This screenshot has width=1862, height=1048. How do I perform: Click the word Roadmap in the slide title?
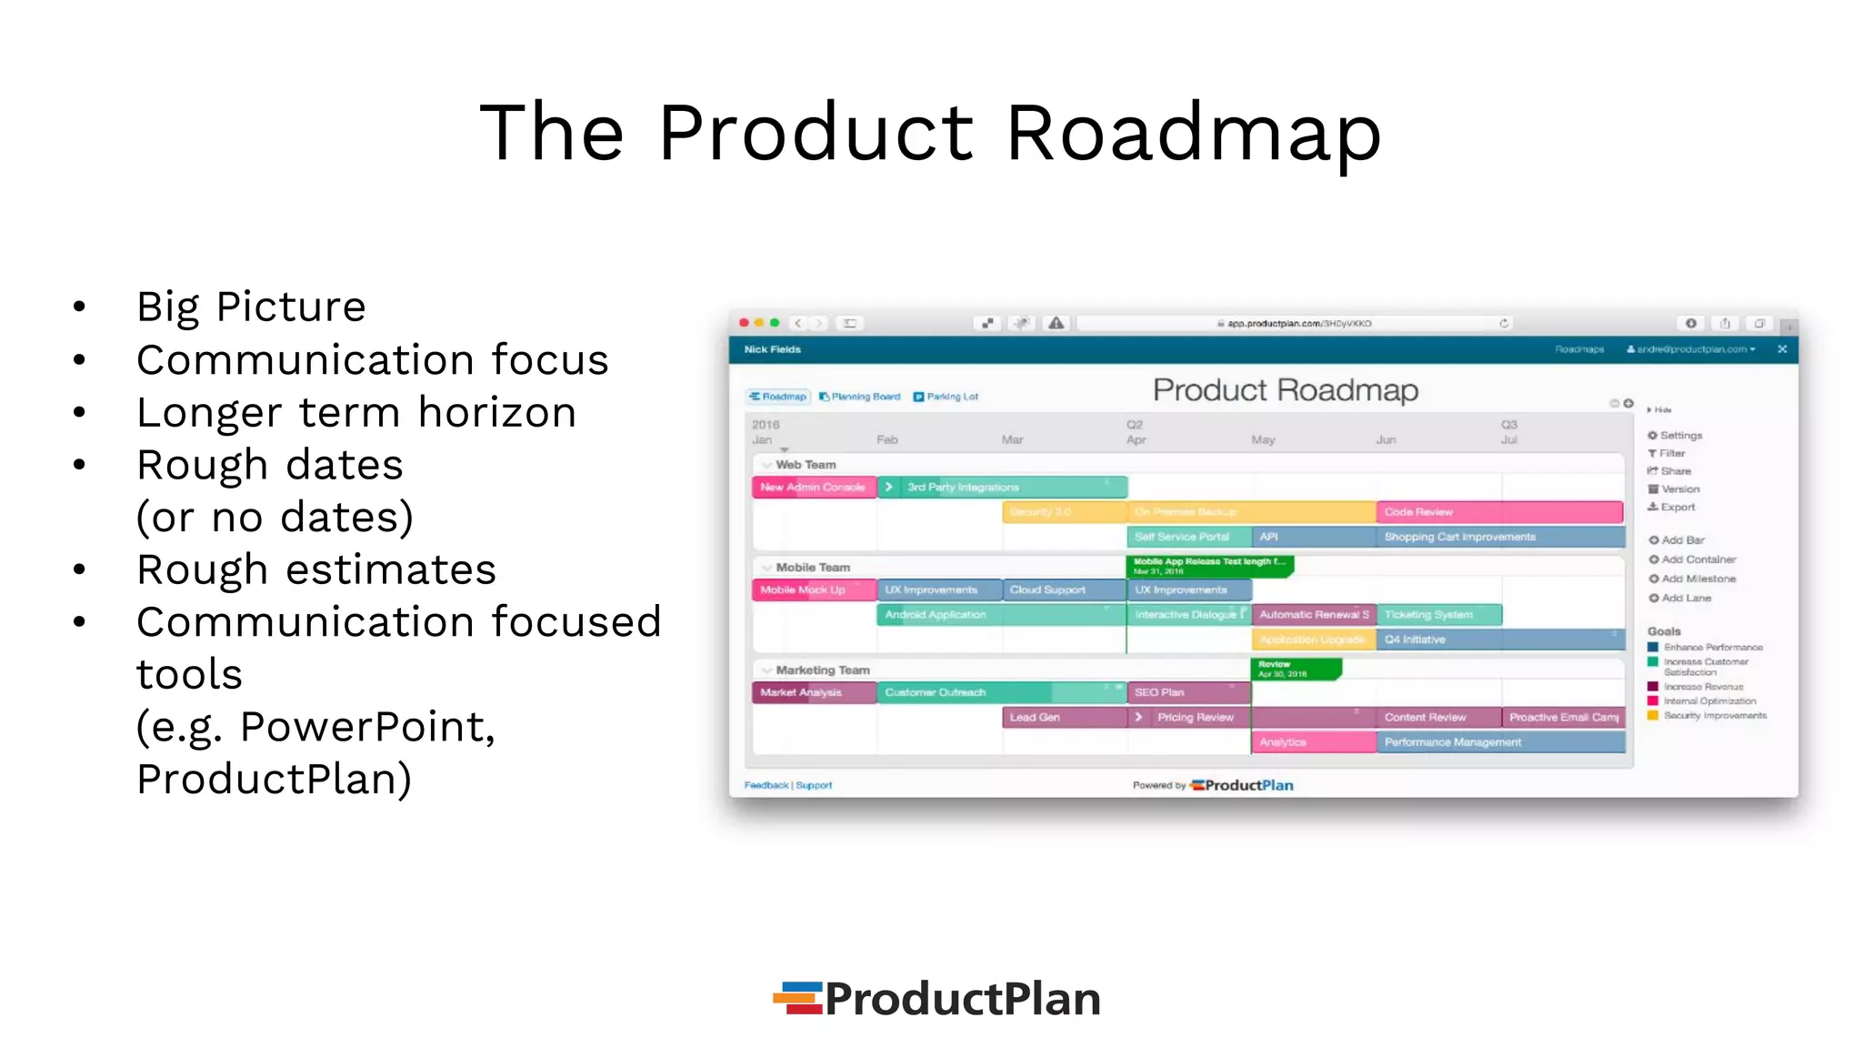1193,133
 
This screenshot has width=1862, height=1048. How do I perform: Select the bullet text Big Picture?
251,307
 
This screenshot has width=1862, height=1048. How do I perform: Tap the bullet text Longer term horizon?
356,413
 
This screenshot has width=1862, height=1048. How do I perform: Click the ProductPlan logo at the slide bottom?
937,998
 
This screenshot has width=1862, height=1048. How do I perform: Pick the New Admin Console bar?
813,488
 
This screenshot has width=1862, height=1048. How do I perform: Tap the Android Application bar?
1000,615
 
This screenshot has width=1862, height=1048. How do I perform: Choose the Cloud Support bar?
1063,590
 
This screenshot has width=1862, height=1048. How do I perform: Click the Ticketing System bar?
1438,615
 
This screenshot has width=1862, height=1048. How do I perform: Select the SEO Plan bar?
1187,693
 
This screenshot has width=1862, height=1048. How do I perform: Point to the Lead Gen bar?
1063,718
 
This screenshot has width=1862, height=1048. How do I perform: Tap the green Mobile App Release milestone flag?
1208,566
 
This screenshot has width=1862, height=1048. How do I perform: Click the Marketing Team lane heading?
822,670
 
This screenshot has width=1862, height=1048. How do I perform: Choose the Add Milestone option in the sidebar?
1697,579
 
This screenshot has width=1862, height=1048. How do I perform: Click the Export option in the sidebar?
1677,508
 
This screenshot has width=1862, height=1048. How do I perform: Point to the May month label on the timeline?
1263,440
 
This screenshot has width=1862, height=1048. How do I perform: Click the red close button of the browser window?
744,323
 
